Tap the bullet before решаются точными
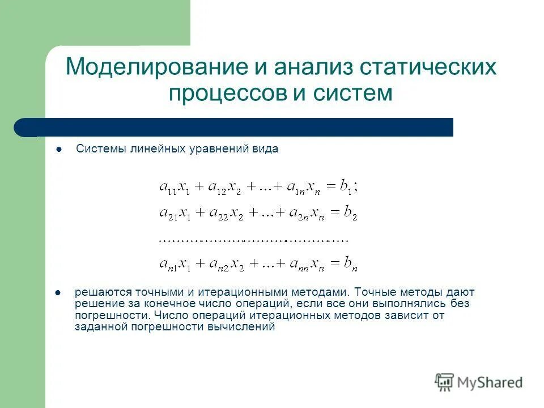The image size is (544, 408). pos(58,294)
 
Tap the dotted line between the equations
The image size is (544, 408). pos(253,240)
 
